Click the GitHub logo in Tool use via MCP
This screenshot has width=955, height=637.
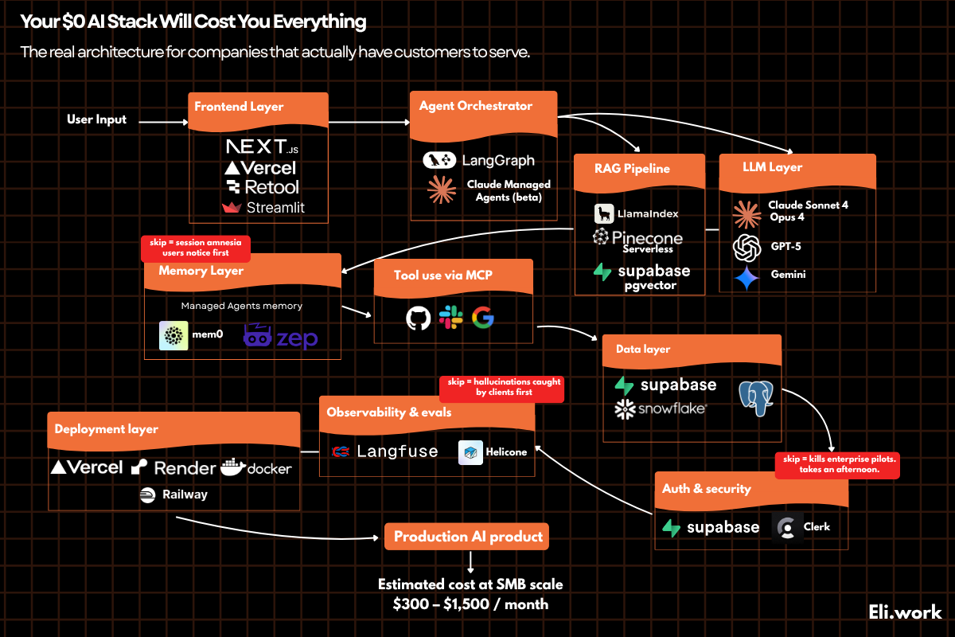418,318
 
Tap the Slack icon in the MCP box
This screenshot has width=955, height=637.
450,318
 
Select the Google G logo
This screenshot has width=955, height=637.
482,318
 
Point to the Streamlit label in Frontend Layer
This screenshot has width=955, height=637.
275,208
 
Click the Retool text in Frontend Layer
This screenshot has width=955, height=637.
271,187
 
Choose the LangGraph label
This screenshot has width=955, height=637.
498,161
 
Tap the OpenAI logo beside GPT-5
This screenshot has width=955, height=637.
746,247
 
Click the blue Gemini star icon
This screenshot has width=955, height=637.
746,277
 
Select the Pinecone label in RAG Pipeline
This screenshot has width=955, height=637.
646,237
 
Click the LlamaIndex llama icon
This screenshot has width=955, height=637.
604,213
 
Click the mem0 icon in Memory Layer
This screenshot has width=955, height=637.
173,336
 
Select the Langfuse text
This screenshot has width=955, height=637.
396,451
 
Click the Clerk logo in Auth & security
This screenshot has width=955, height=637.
787,527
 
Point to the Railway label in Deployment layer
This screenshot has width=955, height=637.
184,494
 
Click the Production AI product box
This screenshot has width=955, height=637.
468,537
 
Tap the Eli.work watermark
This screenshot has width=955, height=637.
905,612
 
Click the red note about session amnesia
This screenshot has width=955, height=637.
195,248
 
